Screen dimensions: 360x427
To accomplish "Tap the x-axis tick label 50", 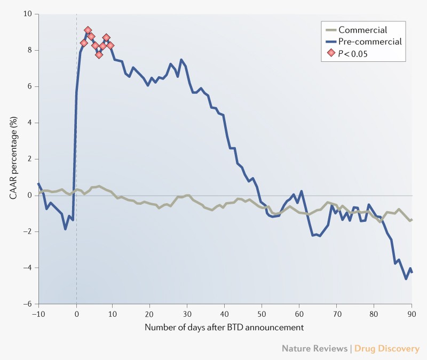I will tap(262, 313).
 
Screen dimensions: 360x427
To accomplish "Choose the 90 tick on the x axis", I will tap(412, 313).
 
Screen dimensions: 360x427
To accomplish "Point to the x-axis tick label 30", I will tap(187, 313).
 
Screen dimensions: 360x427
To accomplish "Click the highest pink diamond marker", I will tap(88, 30).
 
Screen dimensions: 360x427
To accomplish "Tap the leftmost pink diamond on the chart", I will tap(84, 43).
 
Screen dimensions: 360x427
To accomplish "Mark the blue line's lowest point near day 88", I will tap(406, 278).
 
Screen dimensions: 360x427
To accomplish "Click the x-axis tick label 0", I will tap(76, 313).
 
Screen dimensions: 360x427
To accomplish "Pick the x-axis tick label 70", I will tap(337, 313).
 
